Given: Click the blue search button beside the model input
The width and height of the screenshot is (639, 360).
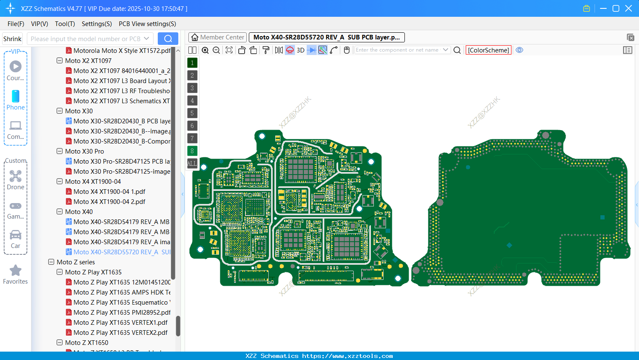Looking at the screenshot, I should [168, 39].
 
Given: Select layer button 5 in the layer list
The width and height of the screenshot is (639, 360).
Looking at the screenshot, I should [192, 113].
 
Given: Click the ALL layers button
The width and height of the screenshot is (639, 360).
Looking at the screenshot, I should [192, 163].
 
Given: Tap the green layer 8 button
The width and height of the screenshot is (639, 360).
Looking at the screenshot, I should [192, 151].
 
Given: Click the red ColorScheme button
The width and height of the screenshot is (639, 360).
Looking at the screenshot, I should [488, 50].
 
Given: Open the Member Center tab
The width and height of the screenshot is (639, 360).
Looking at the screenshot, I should [217, 37].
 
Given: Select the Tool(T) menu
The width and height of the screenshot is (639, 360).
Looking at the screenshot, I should [65, 24].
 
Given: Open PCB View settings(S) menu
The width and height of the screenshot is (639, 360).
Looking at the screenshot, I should [147, 24].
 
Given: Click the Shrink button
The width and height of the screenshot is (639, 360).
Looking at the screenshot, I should [12, 39].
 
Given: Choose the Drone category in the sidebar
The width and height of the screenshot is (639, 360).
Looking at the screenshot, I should [16, 180].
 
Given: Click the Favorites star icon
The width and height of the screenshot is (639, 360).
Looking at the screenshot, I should [16, 271].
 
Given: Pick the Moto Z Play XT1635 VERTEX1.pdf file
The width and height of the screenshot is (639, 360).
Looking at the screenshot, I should [120, 322].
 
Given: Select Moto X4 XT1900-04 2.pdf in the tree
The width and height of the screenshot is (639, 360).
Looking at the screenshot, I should [109, 201].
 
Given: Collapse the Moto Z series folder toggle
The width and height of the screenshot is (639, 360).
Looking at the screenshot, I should [51, 262].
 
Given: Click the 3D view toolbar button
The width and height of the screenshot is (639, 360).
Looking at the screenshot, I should [300, 50].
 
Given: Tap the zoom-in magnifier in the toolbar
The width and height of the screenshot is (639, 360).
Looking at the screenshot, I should [205, 50].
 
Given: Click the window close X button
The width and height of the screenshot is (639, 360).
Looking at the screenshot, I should [628, 8].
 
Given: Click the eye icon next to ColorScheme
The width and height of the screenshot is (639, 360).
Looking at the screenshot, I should [519, 50].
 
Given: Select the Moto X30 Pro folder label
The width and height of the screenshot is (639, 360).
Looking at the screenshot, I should [84, 151].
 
